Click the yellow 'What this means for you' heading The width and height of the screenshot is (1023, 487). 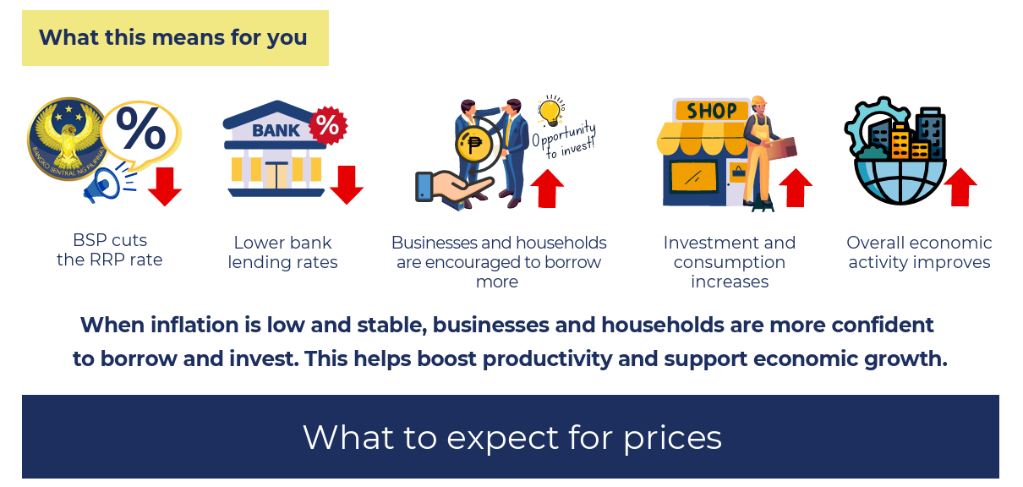click(175, 38)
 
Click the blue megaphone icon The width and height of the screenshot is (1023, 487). click(107, 183)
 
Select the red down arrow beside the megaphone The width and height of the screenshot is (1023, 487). click(165, 186)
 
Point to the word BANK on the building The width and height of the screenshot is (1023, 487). click(276, 131)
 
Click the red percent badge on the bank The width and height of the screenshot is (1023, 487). click(328, 125)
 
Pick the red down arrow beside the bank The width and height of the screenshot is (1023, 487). click(347, 184)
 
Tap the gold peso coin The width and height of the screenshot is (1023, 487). click(473, 145)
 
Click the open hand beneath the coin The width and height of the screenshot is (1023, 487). click(453, 186)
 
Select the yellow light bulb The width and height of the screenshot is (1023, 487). click(550, 111)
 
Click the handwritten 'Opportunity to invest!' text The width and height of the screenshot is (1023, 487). click(565, 140)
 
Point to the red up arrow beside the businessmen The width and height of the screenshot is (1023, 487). click(547, 189)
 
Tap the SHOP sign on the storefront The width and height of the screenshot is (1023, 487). click(712, 111)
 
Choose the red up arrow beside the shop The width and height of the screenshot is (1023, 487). click(796, 188)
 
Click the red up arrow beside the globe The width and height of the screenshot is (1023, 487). click(960, 187)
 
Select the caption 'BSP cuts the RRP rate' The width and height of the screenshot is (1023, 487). click(110, 250)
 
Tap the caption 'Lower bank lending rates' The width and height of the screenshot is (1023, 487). click(282, 252)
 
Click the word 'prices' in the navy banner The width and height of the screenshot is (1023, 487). click(673, 439)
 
